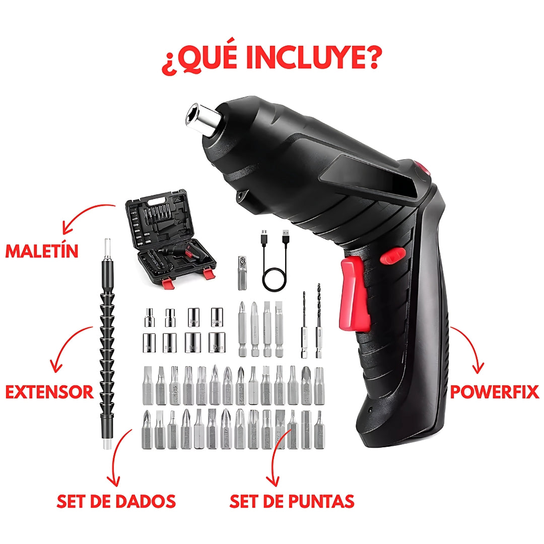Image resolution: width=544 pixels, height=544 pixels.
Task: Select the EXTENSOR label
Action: click(x=49, y=392)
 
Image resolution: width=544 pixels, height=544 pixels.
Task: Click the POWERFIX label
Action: click(x=495, y=392)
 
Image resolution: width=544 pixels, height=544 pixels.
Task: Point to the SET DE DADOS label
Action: click(x=116, y=501)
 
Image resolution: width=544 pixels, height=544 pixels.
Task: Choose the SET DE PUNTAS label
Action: click(x=292, y=501)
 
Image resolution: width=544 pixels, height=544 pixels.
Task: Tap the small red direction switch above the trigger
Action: click(x=393, y=256)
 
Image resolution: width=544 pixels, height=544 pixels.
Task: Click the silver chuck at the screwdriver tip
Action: click(x=201, y=117)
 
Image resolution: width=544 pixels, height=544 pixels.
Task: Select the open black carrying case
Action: click(x=170, y=238)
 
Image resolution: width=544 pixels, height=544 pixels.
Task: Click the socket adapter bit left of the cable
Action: click(x=242, y=273)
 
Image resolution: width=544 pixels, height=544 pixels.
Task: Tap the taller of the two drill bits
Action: click(x=318, y=321)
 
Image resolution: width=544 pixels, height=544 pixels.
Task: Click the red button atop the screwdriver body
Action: click(x=423, y=169)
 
